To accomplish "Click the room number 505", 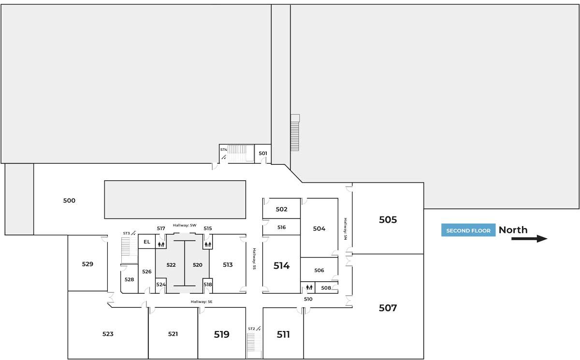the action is click(x=388, y=220).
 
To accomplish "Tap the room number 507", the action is click(x=388, y=308).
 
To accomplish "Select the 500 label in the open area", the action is click(x=69, y=201).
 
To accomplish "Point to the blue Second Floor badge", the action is click(x=468, y=230).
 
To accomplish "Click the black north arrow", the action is click(x=529, y=239).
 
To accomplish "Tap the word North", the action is click(x=513, y=230).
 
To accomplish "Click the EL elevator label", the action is click(x=147, y=242).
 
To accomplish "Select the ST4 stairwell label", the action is click(x=223, y=150).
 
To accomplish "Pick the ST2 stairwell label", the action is click(x=251, y=329).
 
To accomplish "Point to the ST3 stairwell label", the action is click(x=126, y=233).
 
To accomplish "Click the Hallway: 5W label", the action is click(x=185, y=225).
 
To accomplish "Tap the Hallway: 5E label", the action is click(x=202, y=302).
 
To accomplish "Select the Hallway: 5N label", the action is click(x=346, y=229).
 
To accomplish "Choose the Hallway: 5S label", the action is click(x=254, y=259).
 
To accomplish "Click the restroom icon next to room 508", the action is click(x=309, y=288).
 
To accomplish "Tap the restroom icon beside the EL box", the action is click(x=161, y=244).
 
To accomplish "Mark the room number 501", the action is click(x=263, y=153).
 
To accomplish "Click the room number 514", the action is click(x=281, y=266).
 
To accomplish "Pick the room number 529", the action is click(x=87, y=264).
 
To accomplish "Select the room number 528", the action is click(x=129, y=279).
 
